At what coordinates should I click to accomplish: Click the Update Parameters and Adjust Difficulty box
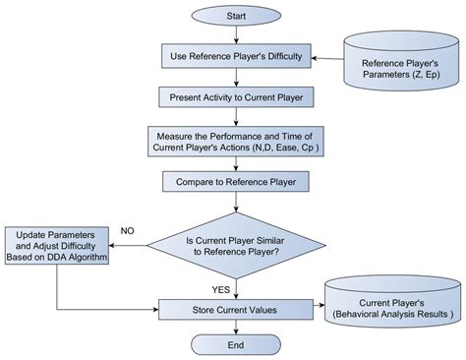tap(57, 244)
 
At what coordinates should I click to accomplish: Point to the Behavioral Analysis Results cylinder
tap(390, 306)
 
